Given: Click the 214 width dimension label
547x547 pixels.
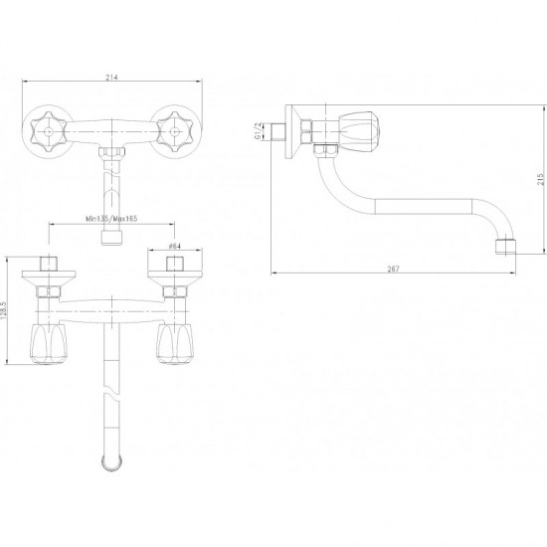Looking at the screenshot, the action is [111, 78].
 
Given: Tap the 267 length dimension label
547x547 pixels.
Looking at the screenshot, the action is [393, 269].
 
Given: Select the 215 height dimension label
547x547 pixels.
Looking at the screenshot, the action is [540, 179].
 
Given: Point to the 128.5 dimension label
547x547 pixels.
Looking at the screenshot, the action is [3, 310].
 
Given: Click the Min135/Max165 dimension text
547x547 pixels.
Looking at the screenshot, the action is [111, 219].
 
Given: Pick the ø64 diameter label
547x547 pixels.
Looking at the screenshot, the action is [174, 246].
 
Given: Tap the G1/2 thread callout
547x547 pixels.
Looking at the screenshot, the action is [258, 131].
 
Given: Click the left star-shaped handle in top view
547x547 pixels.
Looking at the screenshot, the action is [48, 132].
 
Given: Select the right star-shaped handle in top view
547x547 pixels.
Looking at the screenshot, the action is [175, 132].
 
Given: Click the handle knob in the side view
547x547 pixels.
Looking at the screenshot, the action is [360, 132].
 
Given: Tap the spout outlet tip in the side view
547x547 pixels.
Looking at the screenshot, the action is [505, 247].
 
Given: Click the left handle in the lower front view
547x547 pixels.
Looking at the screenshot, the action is [49, 344].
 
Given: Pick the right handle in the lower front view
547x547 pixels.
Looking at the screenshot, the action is [175, 344].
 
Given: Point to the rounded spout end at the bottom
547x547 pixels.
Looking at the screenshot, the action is [112, 463].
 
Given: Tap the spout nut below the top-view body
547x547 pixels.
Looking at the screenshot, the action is [112, 153].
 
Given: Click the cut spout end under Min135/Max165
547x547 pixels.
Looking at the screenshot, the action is [112, 238].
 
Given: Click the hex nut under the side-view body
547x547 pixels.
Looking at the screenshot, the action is [325, 150].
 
